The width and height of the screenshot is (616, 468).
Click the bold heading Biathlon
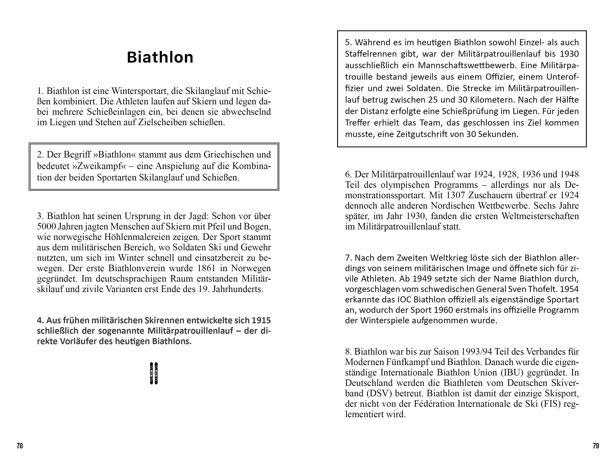pyautogui.click(x=160, y=57)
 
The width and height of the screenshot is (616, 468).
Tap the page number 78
pyautogui.click(x=19, y=446)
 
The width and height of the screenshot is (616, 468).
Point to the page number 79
pyautogui.click(x=596, y=446)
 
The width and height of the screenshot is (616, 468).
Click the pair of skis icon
pyautogui.click(x=154, y=373)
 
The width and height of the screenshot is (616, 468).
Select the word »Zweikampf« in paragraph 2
pyautogui.click(x=99, y=166)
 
